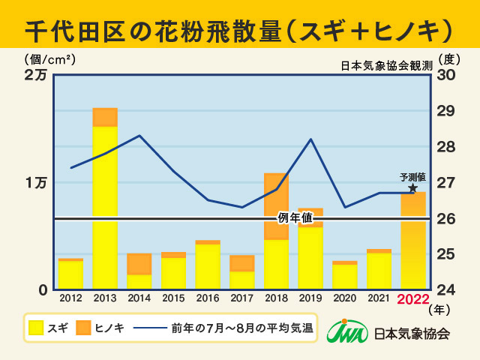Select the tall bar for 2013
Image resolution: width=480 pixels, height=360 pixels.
[x=105, y=199]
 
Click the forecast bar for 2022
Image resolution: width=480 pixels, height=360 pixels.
[x=413, y=240]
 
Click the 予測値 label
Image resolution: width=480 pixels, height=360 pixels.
[x=413, y=178]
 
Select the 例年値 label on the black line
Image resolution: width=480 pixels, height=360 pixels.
[x=295, y=219]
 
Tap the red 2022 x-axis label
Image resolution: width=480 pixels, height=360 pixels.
[x=413, y=300]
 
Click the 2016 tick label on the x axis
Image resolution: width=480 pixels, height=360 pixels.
[x=208, y=299]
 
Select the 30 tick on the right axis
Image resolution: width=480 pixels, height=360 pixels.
[x=445, y=75]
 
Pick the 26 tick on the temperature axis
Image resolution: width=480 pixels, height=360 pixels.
[x=445, y=218]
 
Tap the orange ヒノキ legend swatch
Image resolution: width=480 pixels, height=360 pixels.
[x=83, y=328]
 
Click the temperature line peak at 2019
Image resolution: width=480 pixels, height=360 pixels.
[x=311, y=139]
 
